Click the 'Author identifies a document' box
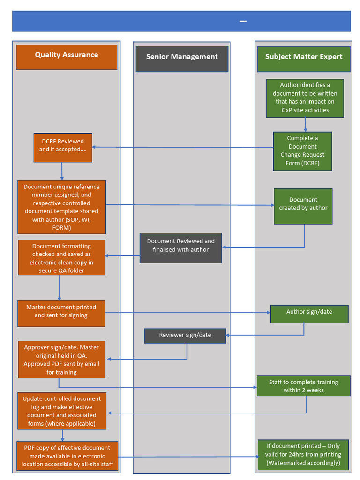point(305,98)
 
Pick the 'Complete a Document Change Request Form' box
point(302,151)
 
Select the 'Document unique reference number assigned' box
point(61,207)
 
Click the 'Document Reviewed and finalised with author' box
point(180,247)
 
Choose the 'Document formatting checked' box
point(61,257)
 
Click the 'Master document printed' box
point(61,313)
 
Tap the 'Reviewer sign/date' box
point(185,336)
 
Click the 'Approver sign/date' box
point(61,359)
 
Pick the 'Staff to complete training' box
point(303,385)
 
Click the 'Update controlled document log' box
point(61,411)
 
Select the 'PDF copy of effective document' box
point(67,456)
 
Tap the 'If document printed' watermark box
point(303,455)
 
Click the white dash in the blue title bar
point(243,21)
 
